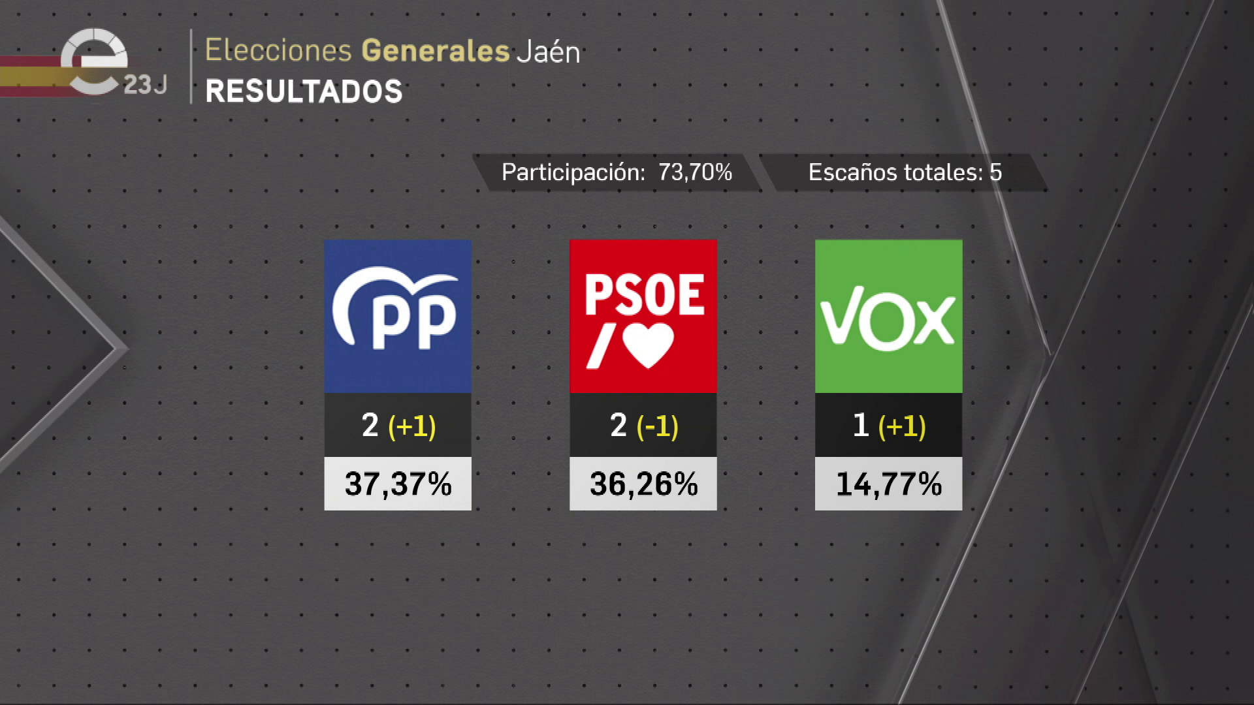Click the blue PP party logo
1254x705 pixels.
pyautogui.click(x=397, y=316)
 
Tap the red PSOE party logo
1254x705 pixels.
pyautogui.click(x=643, y=316)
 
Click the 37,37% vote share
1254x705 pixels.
pyautogui.click(x=398, y=484)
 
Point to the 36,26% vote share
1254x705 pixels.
pyautogui.click(x=643, y=484)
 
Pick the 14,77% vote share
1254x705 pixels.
pyautogui.click(x=888, y=484)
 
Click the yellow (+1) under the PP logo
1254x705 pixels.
pyautogui.click(x=411, y=426)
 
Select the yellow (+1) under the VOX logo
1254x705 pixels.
pyautogui.click(x=902, y=426)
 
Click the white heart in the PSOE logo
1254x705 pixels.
pyautogui.click(x=648, y=345)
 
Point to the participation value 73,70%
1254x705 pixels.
pyautogui.click(x=695, y=172)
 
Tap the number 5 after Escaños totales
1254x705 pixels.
pyautogui.click(x=995, y=172)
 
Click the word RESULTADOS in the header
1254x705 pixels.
pyautogui.click(x=304, y=91)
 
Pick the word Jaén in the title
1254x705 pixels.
pyautogui.click(x=548, y=52)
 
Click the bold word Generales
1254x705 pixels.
pyautogui.click(x=435, y=50)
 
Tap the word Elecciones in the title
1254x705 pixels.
pyautogui.click(x=278, y=50)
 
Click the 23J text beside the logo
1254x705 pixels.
pyautogui.click(x=145, y=85)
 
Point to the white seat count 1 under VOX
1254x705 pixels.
pyautogui.click(x=861, y=426)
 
